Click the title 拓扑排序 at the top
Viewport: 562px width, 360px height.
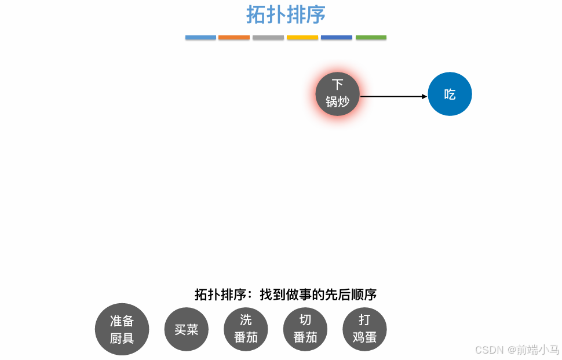(285, 15)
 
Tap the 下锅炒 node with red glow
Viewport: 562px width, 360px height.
(338, 94)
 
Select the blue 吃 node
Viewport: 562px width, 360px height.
(450, 94)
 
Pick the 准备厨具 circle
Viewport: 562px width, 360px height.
(122, 329)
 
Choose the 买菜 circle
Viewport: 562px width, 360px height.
(187, 329)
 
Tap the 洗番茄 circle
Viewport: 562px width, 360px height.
(246, 329)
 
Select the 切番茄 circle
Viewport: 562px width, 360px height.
(305, 329)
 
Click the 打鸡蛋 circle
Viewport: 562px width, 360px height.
(364, 329)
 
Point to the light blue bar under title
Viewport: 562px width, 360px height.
(200, 38)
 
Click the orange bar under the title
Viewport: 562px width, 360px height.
(234, 38)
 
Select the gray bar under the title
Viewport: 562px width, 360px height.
(268, 38)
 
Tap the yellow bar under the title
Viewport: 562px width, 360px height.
(302, 38)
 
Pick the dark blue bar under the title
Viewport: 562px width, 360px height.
(337, 38)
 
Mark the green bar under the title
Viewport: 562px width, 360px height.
(371, 38)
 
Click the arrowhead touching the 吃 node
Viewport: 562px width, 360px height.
(424, 96)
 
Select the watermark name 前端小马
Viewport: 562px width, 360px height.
(538, 350)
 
